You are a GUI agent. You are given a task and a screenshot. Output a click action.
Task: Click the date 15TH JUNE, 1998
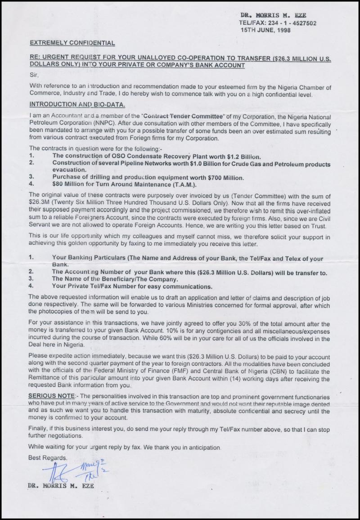[265, 30]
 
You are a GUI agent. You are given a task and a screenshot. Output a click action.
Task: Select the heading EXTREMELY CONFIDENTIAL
[72, 43]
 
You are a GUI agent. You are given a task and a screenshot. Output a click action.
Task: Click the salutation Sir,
[34, 75]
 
